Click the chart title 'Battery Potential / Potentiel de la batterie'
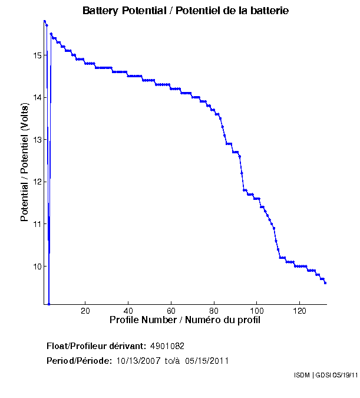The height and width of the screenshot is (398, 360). (x=186, y=11)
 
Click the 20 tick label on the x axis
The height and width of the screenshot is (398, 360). (x=85, y=311)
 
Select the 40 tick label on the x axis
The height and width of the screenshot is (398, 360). (x=128, y=311)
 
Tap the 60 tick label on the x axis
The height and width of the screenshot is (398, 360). (x=171, y=311)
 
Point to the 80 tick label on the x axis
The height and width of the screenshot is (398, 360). (x=214, y=311)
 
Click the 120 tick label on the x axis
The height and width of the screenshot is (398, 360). (x=300, y=311)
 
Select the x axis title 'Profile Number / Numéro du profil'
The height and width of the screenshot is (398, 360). (x=185, y=320)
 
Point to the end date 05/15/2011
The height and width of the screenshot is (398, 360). (x=207, y=361)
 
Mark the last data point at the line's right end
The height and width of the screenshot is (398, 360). (x=325, y=283)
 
